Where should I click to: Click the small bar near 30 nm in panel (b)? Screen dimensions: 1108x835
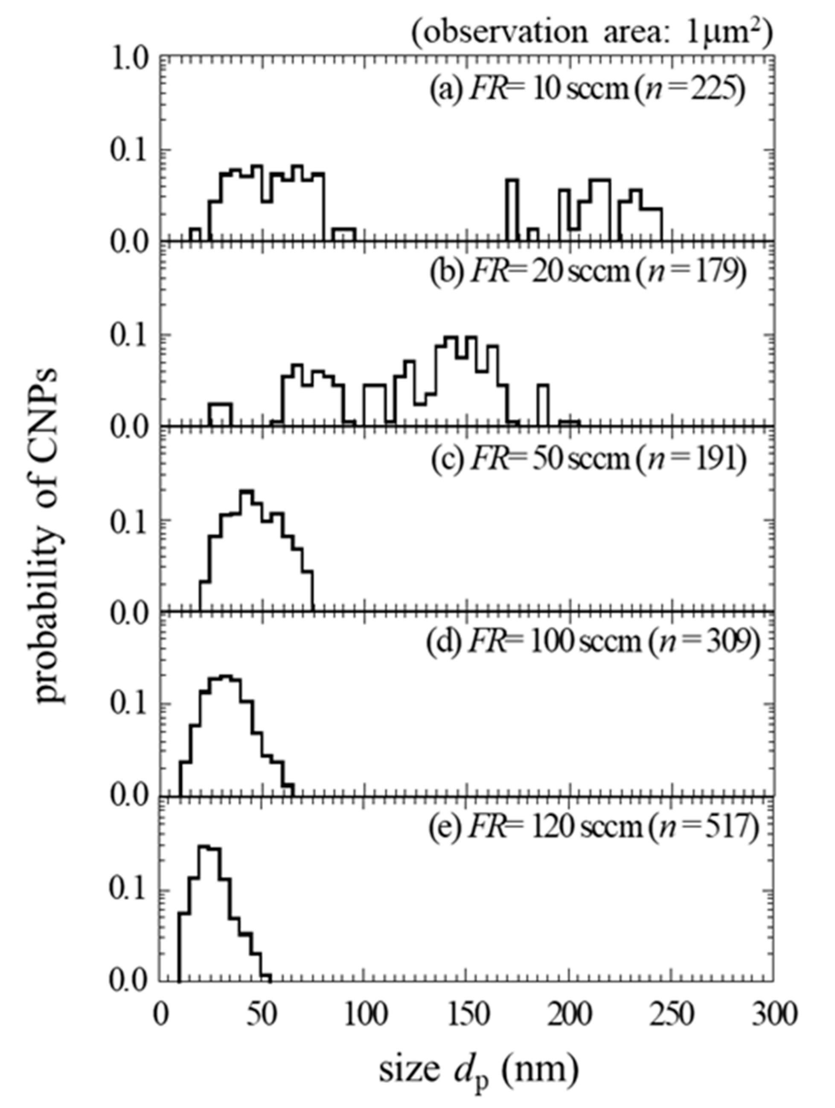click(x=221, y=414)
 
